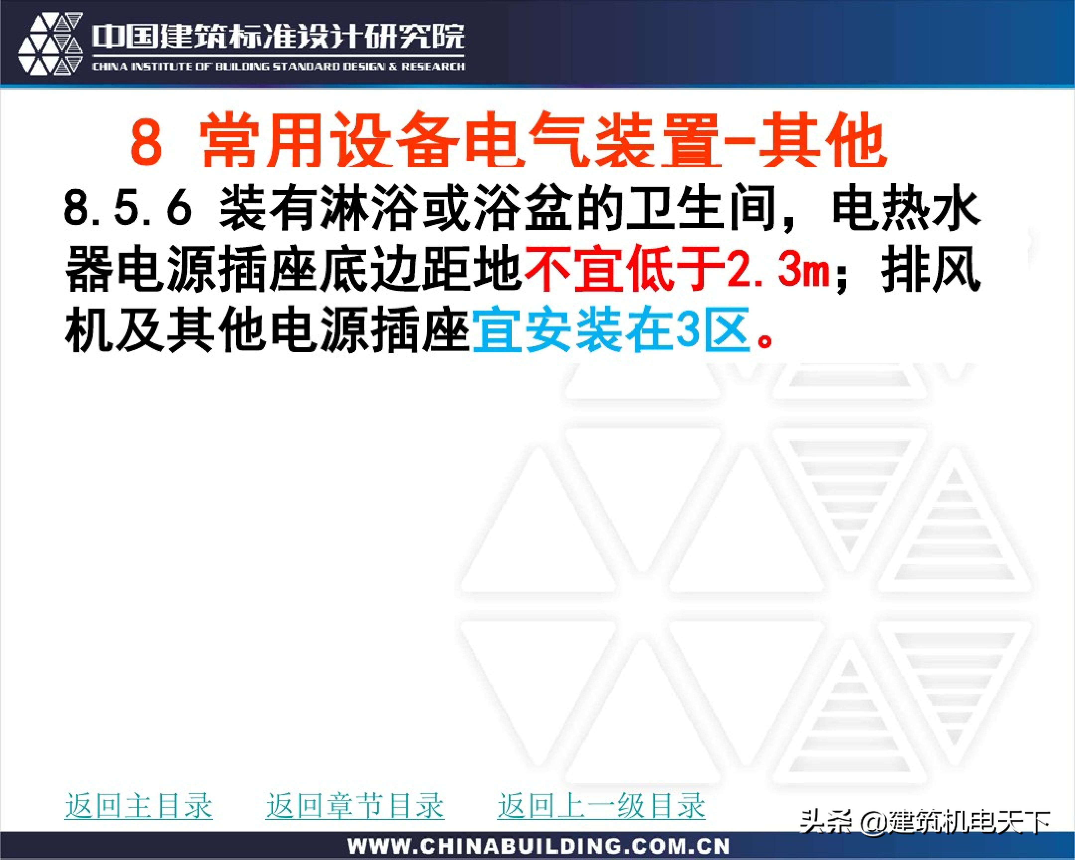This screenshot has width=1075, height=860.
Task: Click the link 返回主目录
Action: [x=139, y=806]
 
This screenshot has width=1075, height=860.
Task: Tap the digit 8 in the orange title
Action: [x=147, y=141]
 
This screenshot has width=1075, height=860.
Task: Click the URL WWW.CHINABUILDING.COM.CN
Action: [x=538, y=846]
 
